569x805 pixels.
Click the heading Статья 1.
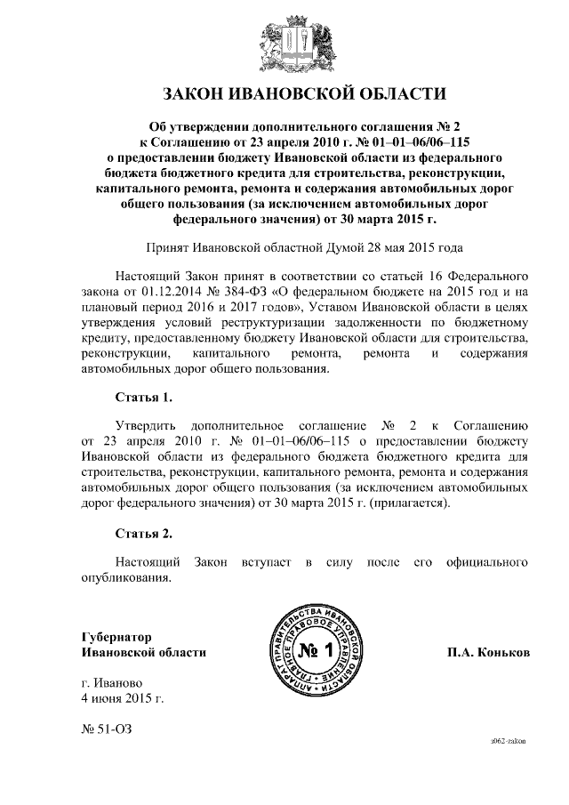click(x=143, y=395)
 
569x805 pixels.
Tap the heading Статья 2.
click(x=143, y=534)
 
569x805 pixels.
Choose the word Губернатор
click(x=116, y=636)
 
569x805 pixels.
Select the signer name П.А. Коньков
click(x=488, y=651)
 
